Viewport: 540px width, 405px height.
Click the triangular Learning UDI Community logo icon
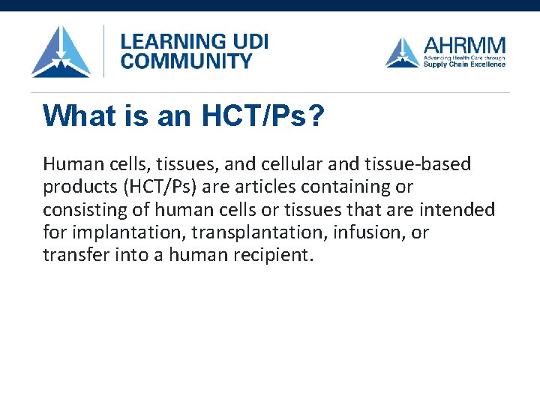[x=61, y=52]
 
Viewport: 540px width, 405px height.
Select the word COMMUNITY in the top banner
[x=186, y=61]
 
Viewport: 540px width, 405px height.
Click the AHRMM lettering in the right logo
[x=464, y=45]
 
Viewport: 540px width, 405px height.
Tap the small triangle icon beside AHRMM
[x=403, y=52]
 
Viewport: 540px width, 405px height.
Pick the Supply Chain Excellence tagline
[x=464, y=64]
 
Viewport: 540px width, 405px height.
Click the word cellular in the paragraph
[x=265, y=163]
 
